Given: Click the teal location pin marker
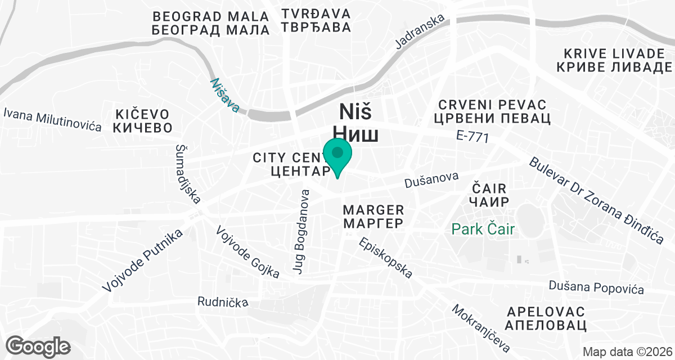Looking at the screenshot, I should coord(337,154).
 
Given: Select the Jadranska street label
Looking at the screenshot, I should coord(420,32).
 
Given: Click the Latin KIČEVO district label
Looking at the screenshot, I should coord(142,111).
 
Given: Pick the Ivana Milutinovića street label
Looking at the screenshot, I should coord(52,119).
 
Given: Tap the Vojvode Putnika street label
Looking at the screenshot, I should coord(143,261).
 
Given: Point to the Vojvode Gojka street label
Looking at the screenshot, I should coord(247,252).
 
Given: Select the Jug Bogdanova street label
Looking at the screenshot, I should coord(301,232).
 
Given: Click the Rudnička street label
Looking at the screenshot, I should coord(223,302).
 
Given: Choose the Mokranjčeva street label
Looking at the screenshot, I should coord(480,328).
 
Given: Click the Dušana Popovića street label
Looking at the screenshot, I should coord(596,287).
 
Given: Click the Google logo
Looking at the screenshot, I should coord(39,345).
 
